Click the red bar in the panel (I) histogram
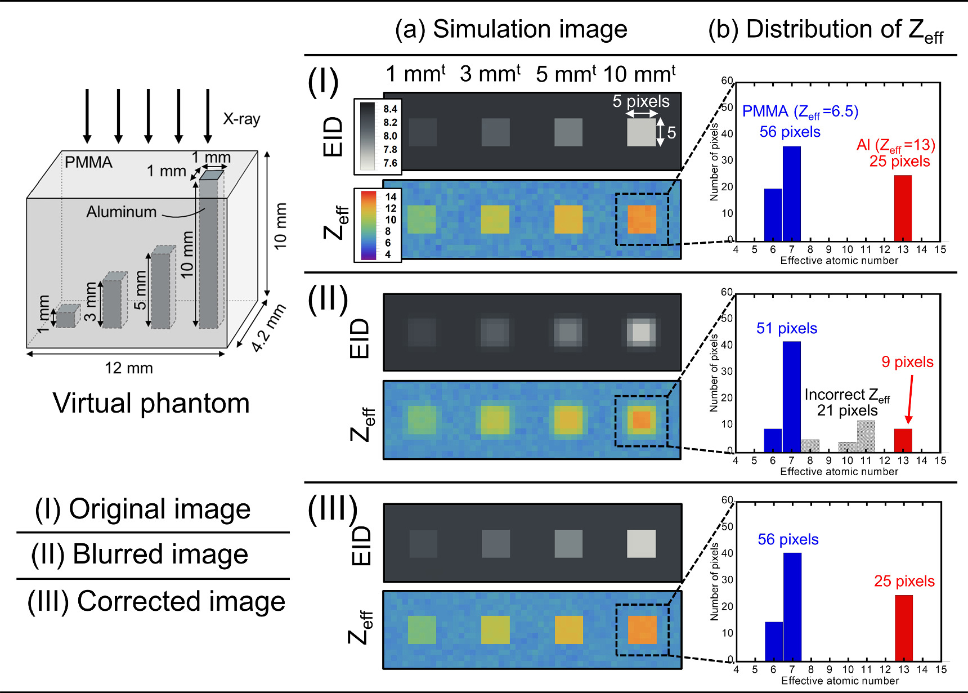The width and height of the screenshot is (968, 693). tap(903, 208)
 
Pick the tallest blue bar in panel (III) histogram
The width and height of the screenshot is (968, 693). tap(792, 606)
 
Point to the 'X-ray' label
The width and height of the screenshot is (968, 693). tap(241, 119)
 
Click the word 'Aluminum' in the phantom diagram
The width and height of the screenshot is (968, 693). tap(121, 212)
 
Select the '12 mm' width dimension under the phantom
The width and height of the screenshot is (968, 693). tap(128, 368)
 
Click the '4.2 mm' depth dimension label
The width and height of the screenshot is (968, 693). tap(268, 328)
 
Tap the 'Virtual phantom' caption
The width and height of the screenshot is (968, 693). tap(151, 403)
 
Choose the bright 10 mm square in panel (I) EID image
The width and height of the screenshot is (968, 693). tap(641, 132)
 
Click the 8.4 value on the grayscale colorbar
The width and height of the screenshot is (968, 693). tap(390, 109)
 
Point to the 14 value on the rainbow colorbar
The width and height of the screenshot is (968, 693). tap(391, 196)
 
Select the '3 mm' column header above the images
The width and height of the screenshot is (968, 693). tap(490, 74)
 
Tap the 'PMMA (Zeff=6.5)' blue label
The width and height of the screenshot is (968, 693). tap(800, 111)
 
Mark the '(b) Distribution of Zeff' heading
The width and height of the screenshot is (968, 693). tap(824, 30)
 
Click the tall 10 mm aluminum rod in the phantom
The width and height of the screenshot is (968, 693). tap(208, 253)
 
